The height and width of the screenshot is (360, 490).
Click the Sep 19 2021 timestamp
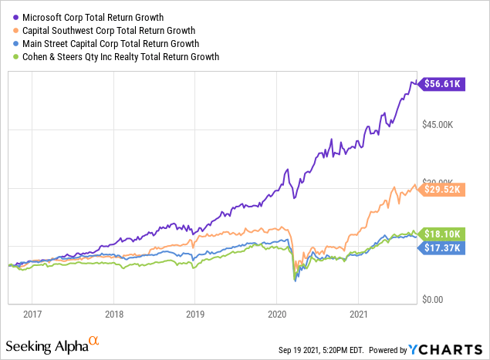[x=327, y=350]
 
